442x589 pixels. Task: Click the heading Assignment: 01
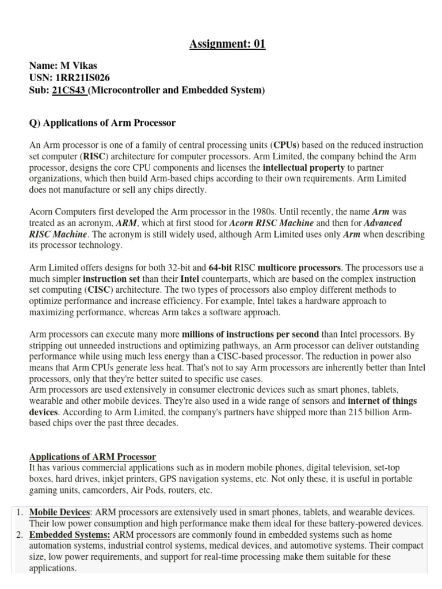(x=228, y=44)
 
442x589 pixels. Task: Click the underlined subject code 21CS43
(x=68, y=90)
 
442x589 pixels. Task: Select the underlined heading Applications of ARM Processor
(x=92, y=457)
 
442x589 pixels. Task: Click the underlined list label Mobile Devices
(x=60, y=512)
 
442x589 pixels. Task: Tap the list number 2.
(x=19, y=535)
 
